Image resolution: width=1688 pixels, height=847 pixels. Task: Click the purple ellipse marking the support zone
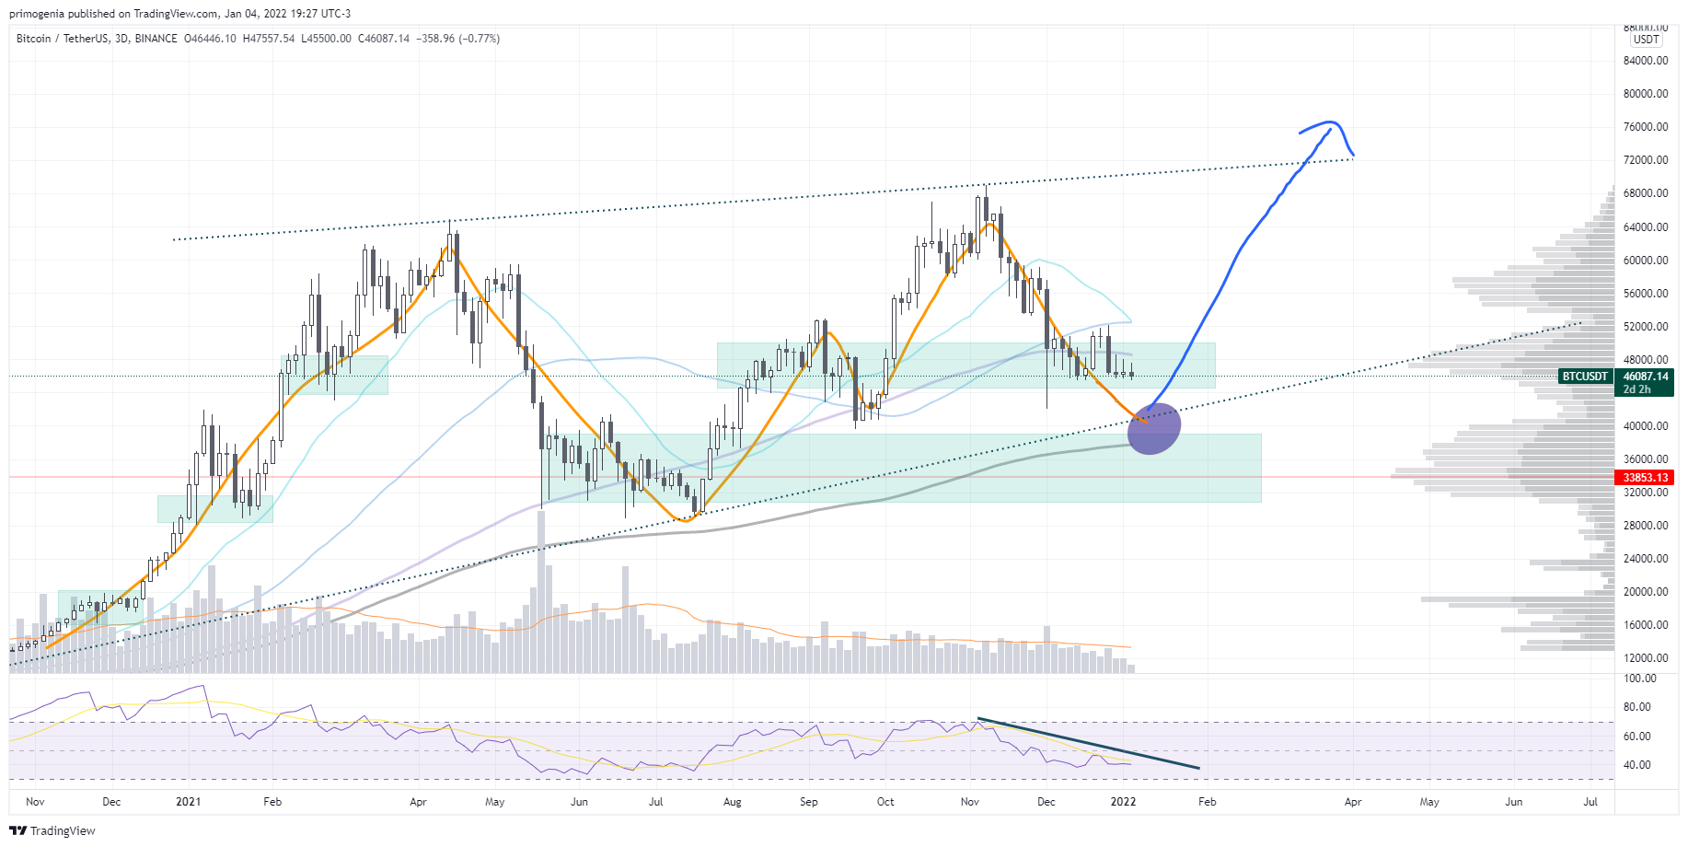1153,429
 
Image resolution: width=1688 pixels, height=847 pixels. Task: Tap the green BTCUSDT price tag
1585,377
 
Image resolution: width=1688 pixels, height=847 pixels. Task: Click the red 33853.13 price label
1645,478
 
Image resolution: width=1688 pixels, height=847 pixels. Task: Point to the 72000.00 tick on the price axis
1646,160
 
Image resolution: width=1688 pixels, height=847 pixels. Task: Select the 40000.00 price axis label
1646,426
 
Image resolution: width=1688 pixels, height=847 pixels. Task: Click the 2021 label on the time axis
188,802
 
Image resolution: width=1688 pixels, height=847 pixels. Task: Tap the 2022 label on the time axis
1123,802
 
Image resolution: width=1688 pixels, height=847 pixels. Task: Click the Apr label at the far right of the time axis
1352,802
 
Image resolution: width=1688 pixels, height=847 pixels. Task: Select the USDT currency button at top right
1646,40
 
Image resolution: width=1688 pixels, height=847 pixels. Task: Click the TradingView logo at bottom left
52,830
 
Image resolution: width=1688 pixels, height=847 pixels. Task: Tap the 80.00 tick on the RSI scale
1637,707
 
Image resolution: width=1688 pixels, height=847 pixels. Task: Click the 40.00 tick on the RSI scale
1637,765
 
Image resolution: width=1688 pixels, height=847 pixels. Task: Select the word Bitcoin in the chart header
34,39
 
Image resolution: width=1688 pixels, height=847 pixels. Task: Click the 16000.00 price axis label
1646,625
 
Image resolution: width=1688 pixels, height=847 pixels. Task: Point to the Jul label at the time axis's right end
1590,802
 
